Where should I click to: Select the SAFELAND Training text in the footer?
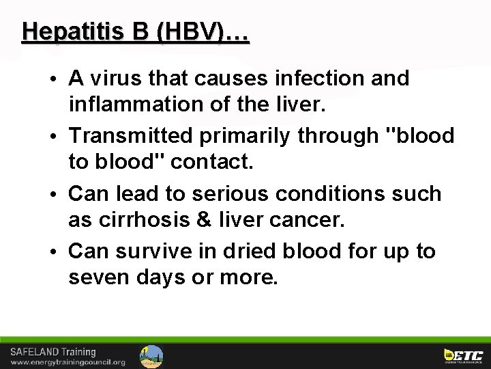(53, 352)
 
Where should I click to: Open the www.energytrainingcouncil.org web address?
(67, 362)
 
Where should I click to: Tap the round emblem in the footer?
(151, 356)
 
